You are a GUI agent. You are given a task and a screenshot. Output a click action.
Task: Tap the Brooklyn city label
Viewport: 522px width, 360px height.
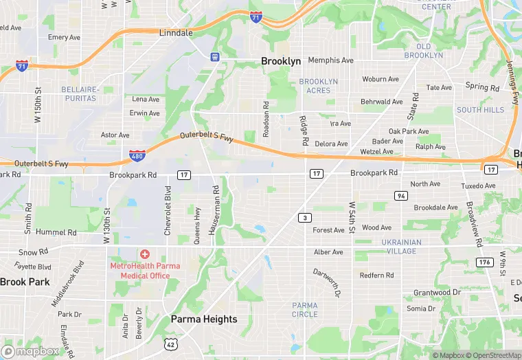[x=281, y=61]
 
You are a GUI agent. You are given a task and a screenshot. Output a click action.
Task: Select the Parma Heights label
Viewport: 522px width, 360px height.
[x=204, y=319]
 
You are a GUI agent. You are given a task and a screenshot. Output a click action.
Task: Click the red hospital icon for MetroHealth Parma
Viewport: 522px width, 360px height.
[x=145, y=254]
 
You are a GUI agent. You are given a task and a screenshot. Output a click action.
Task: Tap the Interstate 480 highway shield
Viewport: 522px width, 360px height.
[x=136, y=158]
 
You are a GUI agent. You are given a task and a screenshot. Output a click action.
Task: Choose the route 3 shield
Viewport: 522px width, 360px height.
[x=303, y=218]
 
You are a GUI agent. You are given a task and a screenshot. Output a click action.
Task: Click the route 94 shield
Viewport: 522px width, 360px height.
[x=400, y=196]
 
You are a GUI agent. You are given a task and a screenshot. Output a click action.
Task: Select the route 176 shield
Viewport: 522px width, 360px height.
[x=485, y=262]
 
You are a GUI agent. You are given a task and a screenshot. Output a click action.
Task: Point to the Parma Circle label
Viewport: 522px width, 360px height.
[x=304, y=309]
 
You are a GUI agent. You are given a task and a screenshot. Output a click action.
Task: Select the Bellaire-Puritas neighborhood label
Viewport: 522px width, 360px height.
[x=80, y=93]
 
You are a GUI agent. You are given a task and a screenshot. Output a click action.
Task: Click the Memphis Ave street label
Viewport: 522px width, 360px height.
[x=330, y=60]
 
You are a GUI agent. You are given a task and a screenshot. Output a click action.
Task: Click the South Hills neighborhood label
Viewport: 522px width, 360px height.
[x=480, y=110]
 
